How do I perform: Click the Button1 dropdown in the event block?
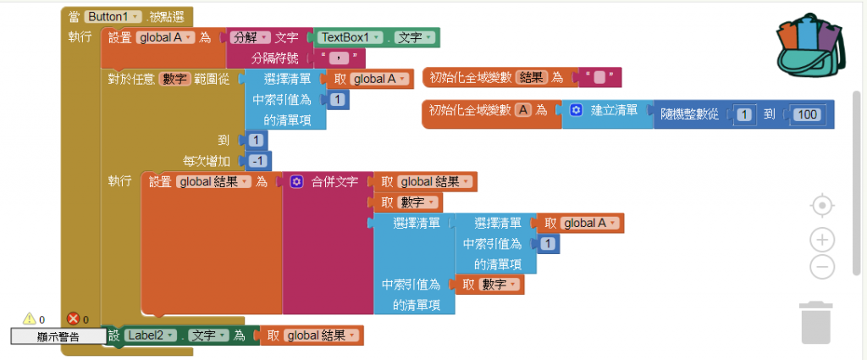[111, 16]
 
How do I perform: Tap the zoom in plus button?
[821, 240]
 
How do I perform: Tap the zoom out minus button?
[821, 267]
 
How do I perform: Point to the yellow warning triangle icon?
[29, 318]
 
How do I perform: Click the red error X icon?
[73, 318]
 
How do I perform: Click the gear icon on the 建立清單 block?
[576, 111]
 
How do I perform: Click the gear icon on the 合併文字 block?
[296, 182]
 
